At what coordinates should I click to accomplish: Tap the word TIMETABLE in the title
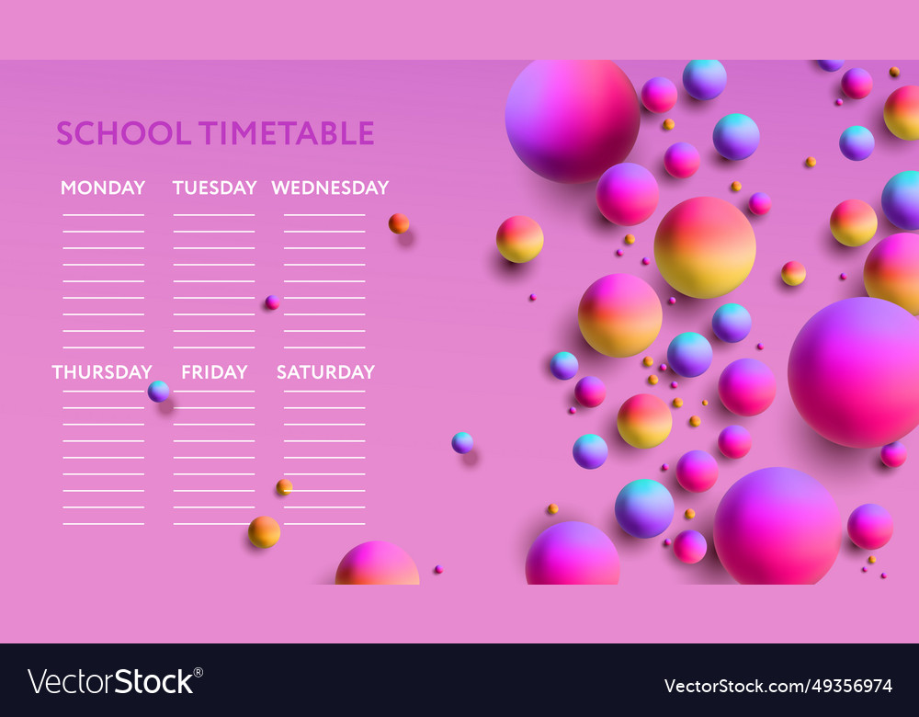click(x=287, y=133)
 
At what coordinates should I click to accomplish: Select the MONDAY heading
click(x=103, y=188)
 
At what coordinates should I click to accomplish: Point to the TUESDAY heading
click(x=214, y=188)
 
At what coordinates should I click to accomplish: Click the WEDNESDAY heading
click(x=330, y=188)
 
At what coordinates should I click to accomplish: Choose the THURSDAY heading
click(x=102, y=372)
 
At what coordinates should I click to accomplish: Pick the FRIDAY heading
click(x=214, y=372)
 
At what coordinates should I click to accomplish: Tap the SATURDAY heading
click(x=325, y=372)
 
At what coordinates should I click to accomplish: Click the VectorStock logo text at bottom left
click(x=110, y=682)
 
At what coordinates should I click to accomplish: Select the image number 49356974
click(x=777, y=686)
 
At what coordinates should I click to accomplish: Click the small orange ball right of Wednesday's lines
click(x=398, y=223)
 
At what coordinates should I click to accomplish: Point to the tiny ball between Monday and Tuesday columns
click(x=272, y=302)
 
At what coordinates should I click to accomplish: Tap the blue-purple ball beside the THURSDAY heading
click(x=159, y=391)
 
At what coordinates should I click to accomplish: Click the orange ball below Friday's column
click(x=264, y=531)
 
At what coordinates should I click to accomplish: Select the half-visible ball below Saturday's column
click(x=377, y=565)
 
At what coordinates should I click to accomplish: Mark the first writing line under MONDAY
click(x=103, y=215)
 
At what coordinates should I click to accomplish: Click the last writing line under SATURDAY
click(x=324, y=524)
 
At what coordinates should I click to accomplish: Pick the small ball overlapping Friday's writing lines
click(x=284, y=486)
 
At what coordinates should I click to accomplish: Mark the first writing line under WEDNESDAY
click(x=324, y=215)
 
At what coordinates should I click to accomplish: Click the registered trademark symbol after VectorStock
click(x=199, y=672)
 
